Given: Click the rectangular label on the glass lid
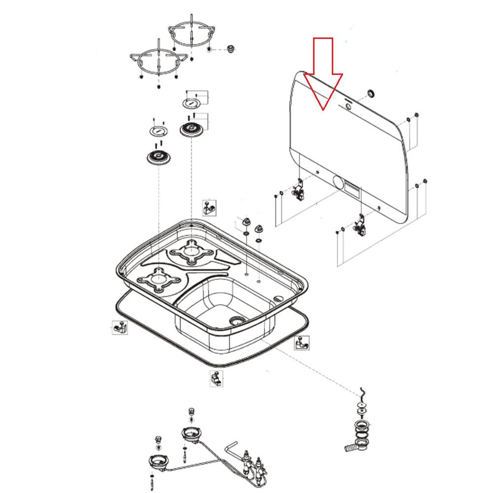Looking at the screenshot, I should (352, 187).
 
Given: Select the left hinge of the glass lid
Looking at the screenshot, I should (299, 190).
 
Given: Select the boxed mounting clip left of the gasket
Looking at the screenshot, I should (119, 327).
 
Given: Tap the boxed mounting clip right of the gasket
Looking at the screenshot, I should (302, 343).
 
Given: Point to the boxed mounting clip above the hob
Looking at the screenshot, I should (209, 208).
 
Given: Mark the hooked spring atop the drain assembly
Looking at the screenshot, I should (363, 393).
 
